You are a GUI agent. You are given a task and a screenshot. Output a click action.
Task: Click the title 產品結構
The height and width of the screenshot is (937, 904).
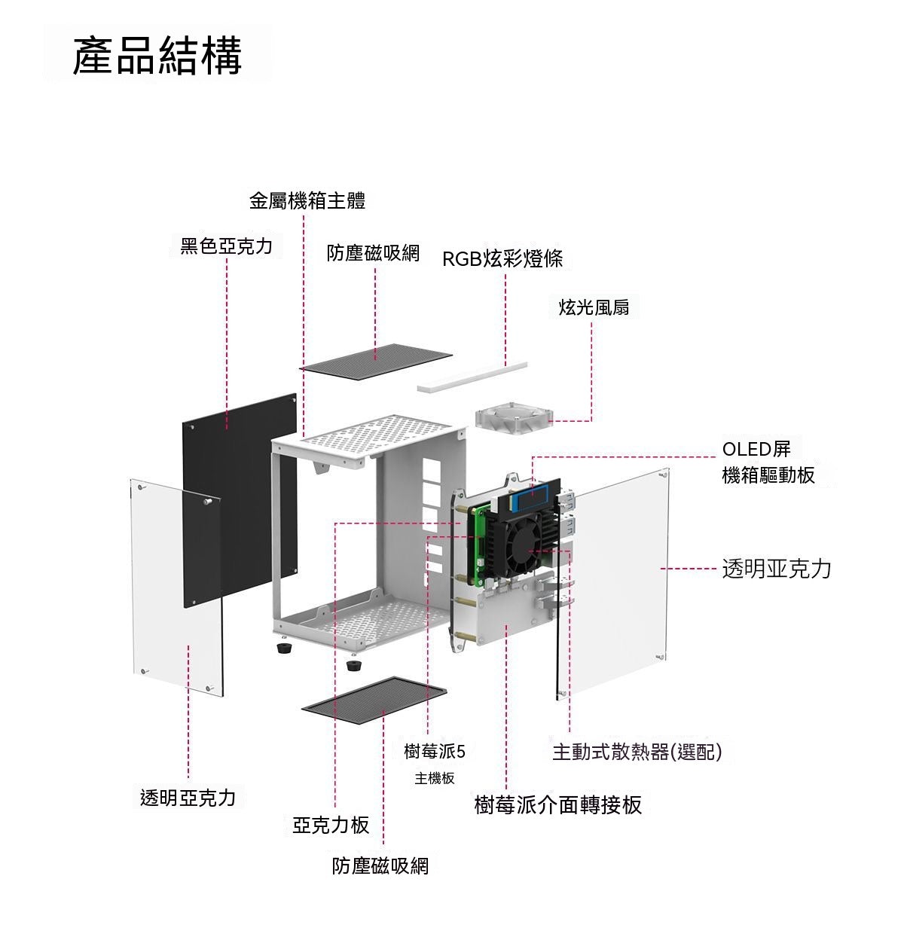coord(157,56)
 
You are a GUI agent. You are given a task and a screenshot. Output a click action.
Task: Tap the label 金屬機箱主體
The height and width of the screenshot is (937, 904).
coord(307,200)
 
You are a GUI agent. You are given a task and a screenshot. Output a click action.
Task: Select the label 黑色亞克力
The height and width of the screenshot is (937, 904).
coord(226,246)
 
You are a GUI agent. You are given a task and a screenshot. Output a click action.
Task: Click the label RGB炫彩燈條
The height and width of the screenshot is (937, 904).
coord(502,258)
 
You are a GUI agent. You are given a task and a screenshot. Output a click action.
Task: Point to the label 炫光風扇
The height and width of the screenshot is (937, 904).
coord(594,307)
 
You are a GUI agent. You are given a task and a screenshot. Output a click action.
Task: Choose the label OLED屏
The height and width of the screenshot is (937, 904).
coord(756,449)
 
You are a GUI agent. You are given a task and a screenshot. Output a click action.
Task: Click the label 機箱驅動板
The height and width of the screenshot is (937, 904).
coord(768,475)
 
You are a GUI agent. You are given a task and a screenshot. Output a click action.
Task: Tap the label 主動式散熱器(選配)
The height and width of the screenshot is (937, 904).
coord(637,751)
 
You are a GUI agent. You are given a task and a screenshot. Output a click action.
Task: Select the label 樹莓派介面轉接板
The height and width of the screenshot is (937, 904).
coord(557,804)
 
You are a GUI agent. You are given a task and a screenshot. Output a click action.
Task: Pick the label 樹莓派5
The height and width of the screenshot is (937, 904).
coord(435,751)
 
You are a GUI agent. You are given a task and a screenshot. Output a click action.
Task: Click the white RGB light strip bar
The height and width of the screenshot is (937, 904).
coord(472,378)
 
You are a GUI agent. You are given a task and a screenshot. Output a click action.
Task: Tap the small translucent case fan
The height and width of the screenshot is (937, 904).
coord(514,422)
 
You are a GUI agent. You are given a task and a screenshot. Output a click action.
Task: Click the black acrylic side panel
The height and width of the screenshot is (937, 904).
coord(240,501)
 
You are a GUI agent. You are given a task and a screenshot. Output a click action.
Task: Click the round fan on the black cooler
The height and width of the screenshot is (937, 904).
coord(528,549)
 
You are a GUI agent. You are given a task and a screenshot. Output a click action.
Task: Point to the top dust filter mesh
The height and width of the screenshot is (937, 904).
coord(376,361)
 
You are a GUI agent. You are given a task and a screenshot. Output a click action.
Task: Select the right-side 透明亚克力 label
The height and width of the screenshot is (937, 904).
coord(777,568)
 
